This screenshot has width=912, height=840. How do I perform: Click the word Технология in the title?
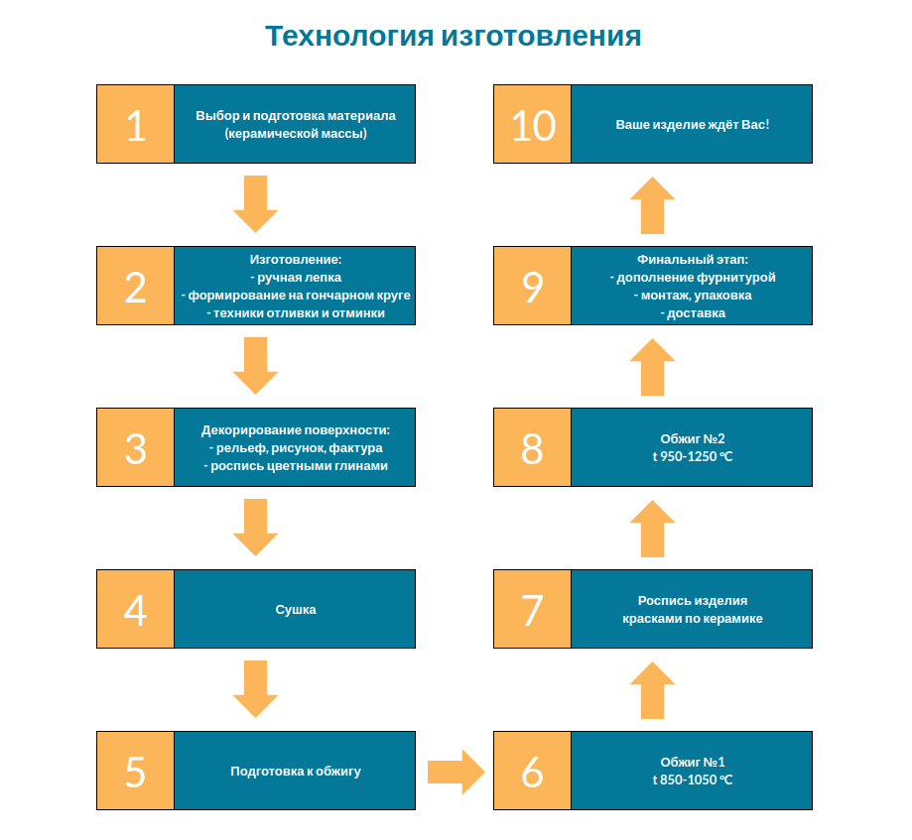349,37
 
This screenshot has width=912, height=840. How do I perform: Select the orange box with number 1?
136,124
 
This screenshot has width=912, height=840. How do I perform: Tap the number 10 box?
533,124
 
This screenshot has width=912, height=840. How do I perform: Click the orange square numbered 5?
136,771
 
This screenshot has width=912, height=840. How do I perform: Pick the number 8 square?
533,447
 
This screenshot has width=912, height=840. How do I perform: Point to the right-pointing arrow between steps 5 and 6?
456,771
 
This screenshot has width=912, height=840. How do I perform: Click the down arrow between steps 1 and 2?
255,203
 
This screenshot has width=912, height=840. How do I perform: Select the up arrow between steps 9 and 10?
652,204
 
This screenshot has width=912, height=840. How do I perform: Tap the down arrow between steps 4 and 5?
255,688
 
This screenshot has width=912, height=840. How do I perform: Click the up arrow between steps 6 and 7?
652,689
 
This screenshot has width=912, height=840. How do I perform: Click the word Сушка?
296,610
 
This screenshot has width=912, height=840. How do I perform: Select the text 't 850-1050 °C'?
693,780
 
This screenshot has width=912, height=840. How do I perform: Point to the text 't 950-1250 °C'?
693,456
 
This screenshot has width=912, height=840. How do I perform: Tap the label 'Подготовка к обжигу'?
296,771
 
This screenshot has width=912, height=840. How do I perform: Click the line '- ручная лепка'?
296,278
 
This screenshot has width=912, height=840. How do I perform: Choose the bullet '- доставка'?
693,313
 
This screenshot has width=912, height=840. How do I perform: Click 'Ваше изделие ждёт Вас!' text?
693,125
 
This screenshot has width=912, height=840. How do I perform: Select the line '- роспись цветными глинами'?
296,465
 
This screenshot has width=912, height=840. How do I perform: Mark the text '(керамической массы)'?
296,133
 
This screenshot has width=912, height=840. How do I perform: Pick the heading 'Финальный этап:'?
693,260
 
